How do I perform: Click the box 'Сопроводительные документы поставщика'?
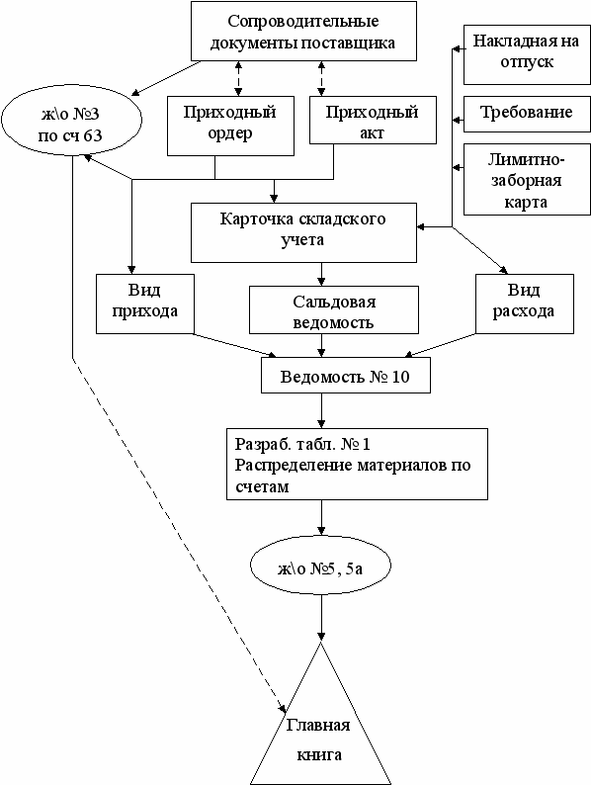tap(303, 31)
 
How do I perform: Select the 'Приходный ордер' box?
tap(230, 126)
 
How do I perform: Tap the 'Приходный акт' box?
tap(373, 121)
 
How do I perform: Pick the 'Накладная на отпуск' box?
tap(527, 54)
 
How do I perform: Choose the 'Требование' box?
tap(527, 114)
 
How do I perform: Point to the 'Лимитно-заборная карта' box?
tap(527, 180)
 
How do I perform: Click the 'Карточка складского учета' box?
tap(303, 232)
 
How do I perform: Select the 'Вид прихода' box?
tap(144, 304)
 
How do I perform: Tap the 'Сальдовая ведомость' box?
tap(334, 309)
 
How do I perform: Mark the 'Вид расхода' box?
tap(525, 304)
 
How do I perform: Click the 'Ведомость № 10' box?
tap(346, 375)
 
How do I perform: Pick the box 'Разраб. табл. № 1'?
tap(358, 464)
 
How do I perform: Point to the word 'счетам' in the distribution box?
tap(262, 486)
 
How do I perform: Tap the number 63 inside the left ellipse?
tap(93, 135)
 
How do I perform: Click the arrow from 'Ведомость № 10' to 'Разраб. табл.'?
tap(321, 410)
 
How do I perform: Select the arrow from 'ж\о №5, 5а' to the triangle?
tap(321, 616)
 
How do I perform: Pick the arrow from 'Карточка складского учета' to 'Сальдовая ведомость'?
tap(321, 274)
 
